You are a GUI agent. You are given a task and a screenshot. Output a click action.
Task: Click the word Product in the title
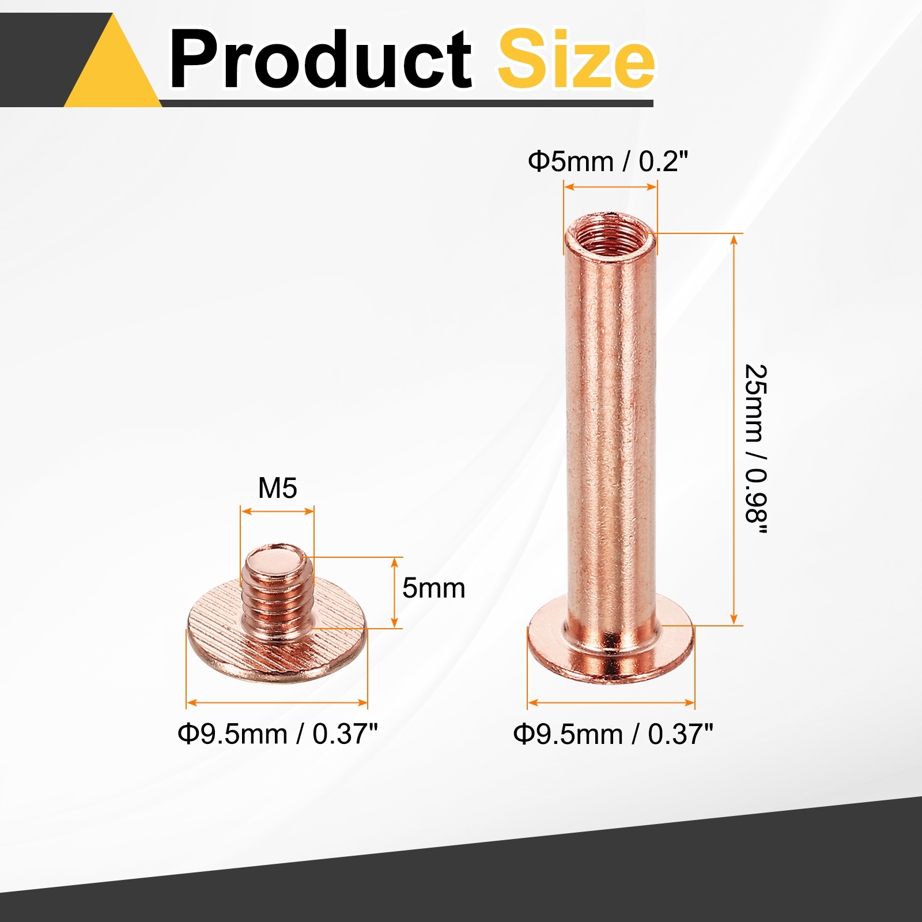[x=320, y=60]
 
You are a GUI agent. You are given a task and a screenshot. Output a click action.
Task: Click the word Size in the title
[x=576, y=59]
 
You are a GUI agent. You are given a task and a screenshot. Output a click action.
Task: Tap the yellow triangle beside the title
[x=113, y=61]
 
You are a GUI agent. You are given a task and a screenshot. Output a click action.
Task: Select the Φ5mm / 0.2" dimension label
[x=608, y=161]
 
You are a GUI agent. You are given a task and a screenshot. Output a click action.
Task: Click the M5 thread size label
[x=277, y=488]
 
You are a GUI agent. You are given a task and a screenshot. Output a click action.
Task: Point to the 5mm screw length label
[x=433, y=588]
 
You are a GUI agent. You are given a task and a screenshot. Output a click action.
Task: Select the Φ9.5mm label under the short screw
[x=278, y=734]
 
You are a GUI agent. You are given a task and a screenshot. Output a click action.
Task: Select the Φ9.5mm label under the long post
[x=613, y=734]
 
